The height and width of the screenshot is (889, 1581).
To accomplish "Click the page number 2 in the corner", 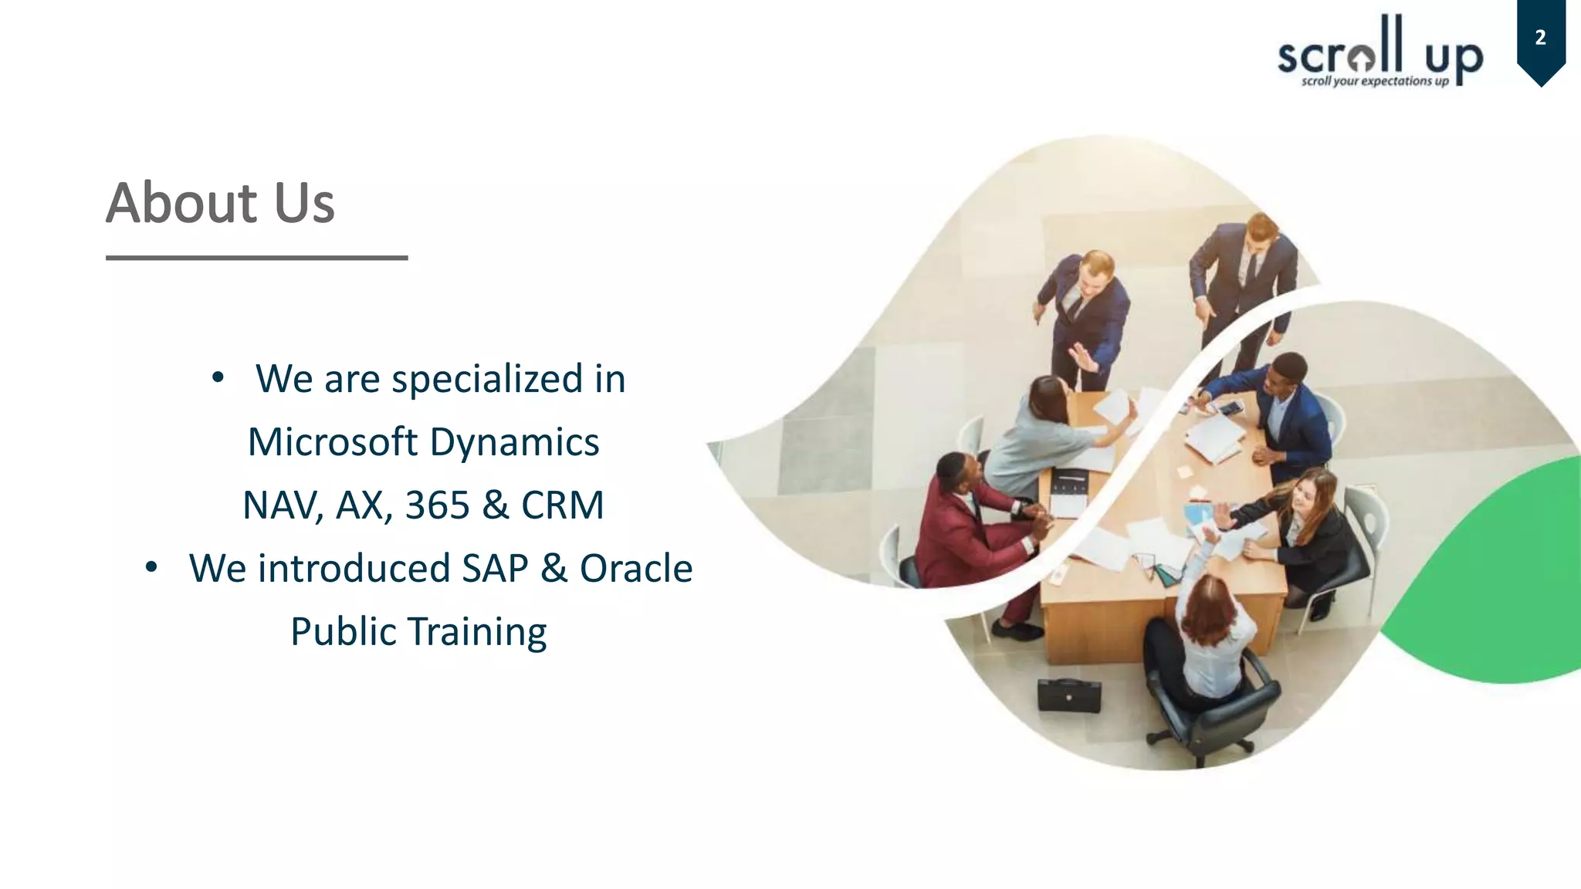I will coord(1540,38).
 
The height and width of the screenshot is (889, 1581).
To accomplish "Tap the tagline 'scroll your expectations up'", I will coord(1374,81).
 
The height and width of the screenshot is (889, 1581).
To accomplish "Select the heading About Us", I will coord(220,203).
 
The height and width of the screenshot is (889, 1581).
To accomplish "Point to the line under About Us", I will coord(256,258).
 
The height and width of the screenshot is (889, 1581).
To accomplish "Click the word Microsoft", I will coord(332,442).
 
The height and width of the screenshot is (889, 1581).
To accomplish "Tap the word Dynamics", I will coord(514,442).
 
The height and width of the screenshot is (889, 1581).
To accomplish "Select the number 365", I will coord(437,505).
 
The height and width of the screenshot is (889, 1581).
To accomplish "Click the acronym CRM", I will coord(562,505).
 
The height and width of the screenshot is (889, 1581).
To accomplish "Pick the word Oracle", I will coord(635,569).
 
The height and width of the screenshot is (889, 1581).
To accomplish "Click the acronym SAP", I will coord(495,569).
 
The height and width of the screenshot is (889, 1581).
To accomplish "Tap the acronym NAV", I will coord(281,505).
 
